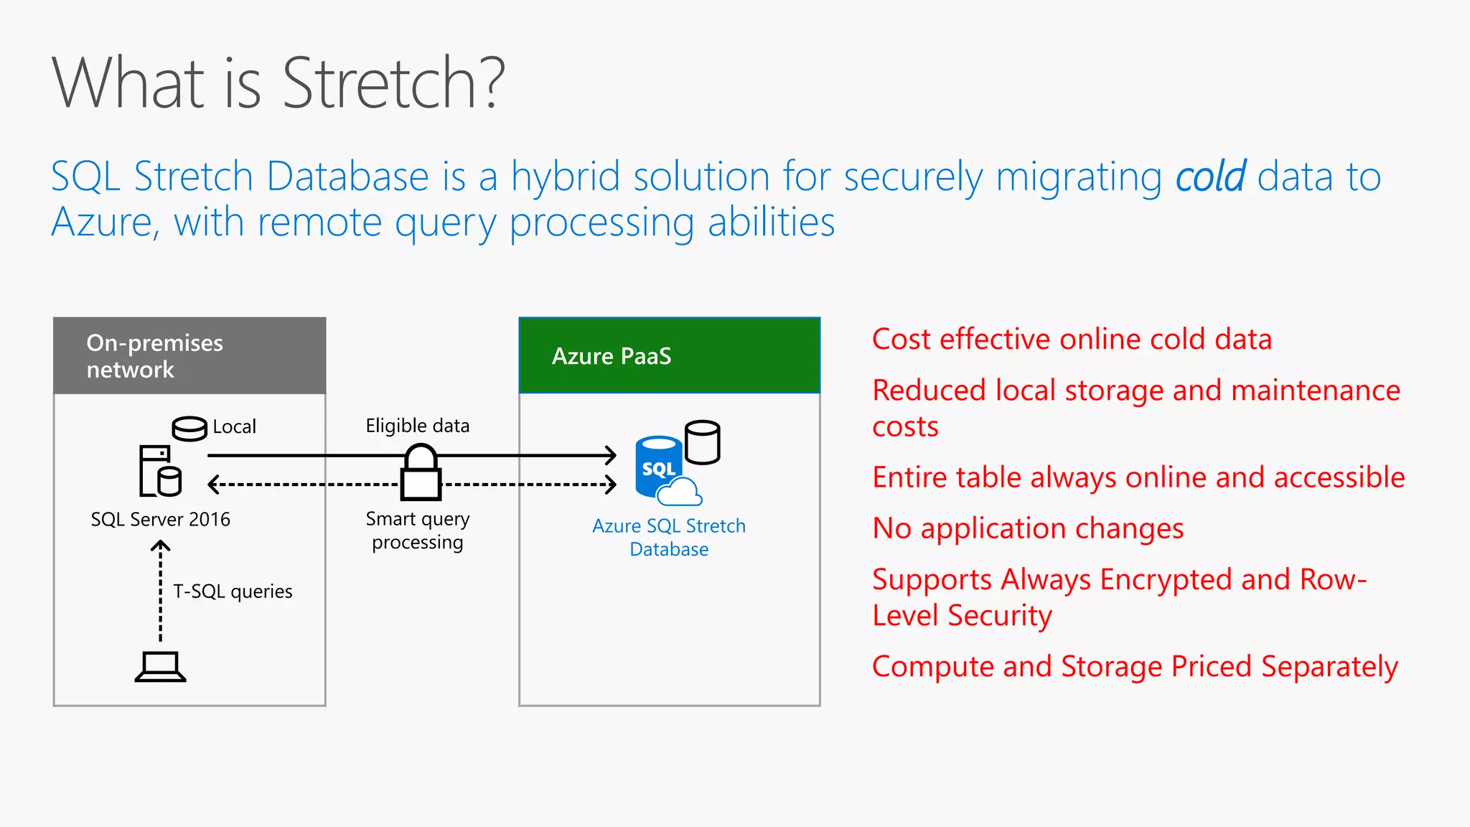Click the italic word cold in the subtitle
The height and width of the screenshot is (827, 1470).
(x=1210, y=177)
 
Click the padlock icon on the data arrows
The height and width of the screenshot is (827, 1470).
(x=421, y=473)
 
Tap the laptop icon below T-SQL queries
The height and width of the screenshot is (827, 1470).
(x=160, y=667)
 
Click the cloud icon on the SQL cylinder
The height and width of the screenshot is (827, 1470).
(x=679, y=493)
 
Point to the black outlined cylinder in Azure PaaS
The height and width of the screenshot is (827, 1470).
(x=702, y=442)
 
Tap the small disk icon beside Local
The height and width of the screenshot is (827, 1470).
(x=189, y=429)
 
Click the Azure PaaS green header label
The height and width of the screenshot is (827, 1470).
(x=612, y=356)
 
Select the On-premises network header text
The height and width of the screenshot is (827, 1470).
(x=154, y=356)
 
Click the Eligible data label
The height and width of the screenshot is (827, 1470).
(x=417, y=426)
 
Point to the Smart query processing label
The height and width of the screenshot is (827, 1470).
(x=417, y=530)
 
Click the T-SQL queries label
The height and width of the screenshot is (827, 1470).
(x=233, y=592)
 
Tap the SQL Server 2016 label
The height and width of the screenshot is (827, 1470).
(x=160, y=519)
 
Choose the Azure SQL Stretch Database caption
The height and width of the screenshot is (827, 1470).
(x=668, y=537)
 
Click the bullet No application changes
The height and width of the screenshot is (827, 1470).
(x=1027, y=528)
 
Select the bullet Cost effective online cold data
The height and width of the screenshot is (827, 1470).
(x=1071, y=339)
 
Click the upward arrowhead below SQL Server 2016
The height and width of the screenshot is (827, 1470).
(x=160, y=546)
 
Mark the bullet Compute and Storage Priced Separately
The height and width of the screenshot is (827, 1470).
(x=1134, y=667)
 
